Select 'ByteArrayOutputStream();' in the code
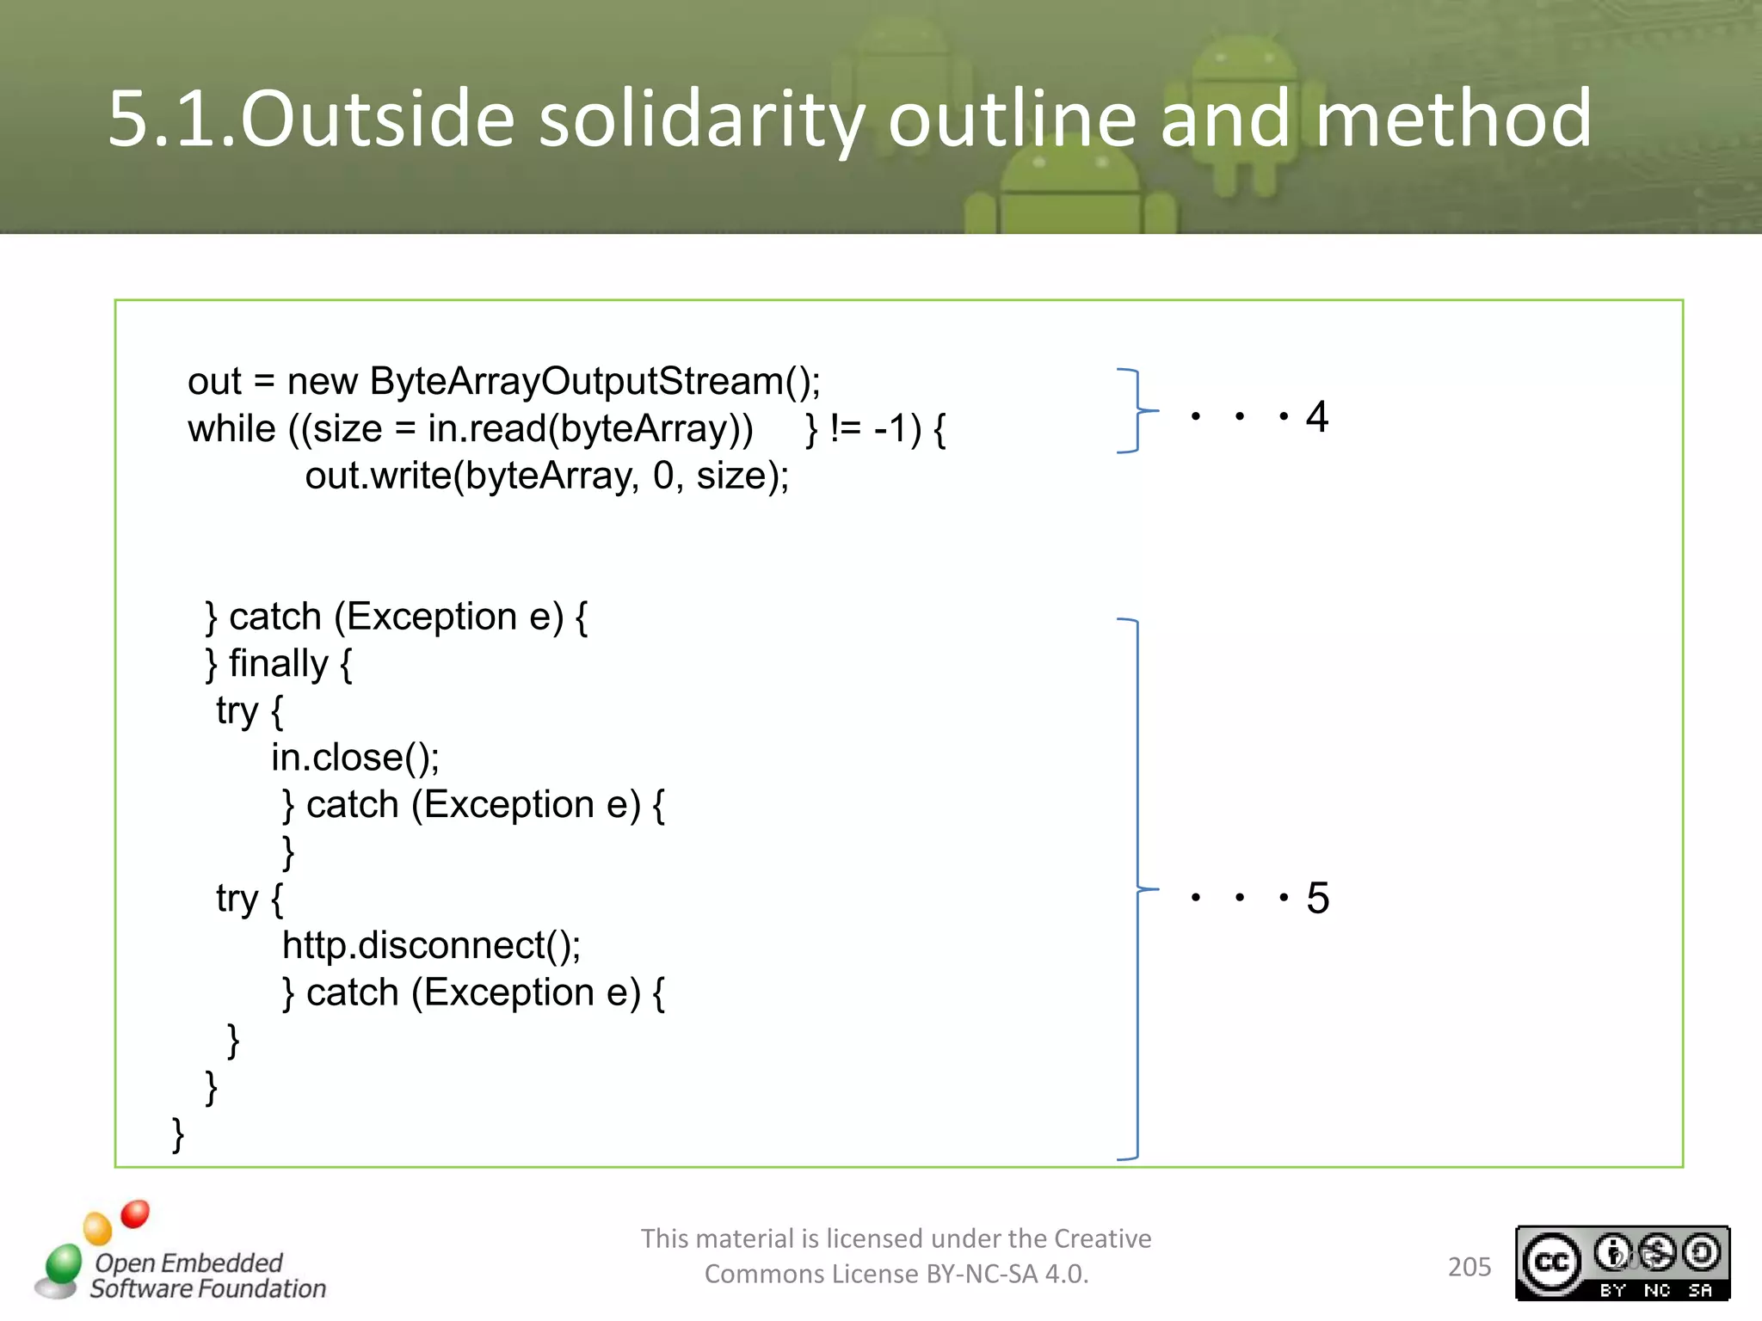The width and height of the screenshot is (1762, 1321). (x=595, y=381)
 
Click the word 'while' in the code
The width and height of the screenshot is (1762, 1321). (x=231, y=428)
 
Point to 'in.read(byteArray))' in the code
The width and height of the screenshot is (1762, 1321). (x=590, y=428)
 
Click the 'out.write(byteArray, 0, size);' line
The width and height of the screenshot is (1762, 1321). (x=546, y=476)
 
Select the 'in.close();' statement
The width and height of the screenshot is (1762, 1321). (x=355, y=758)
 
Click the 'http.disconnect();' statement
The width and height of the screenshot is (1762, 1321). (x=431, y=946)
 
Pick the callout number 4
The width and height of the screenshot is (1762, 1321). (x=1316, y=417)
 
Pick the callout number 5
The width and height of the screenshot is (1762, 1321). (x=1317, y=899)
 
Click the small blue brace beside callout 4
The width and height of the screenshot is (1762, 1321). (x=1137, y=411)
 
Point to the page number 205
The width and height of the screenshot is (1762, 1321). (x=1469, y=1267)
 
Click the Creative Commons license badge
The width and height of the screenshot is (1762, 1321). (x=1622, y=1263)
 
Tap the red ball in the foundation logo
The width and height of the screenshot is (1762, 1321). (x=135, y=1213)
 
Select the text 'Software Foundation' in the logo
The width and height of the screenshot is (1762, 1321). (x=208, y=1288)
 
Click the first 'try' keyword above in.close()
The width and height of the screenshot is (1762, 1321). (x=237, y=710)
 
